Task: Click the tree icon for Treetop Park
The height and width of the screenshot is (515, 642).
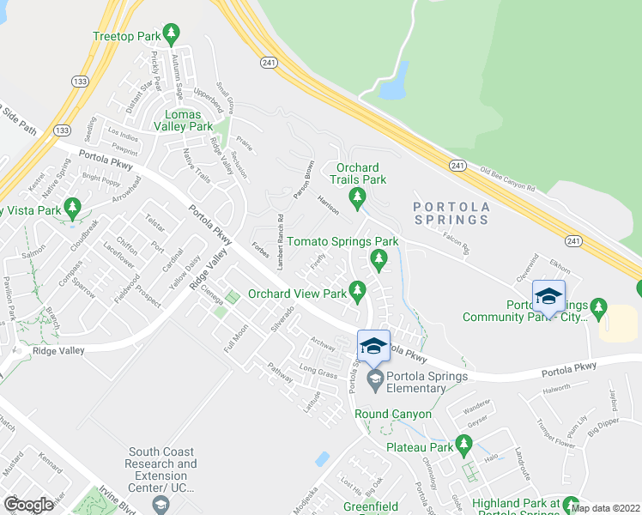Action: tap(171, 35)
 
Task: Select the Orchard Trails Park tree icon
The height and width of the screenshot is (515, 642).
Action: tap(358, 199)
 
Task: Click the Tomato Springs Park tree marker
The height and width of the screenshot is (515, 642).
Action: tap(377, 257)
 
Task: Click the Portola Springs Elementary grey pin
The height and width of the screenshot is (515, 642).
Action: tap(374, 379)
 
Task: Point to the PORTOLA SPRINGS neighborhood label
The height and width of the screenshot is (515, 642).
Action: tap(451, 213)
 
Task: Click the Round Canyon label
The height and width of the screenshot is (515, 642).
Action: tap(393, 414)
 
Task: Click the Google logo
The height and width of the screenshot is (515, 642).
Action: tap(29, 505)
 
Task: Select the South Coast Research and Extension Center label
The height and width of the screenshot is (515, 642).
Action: tap(162, 463)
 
